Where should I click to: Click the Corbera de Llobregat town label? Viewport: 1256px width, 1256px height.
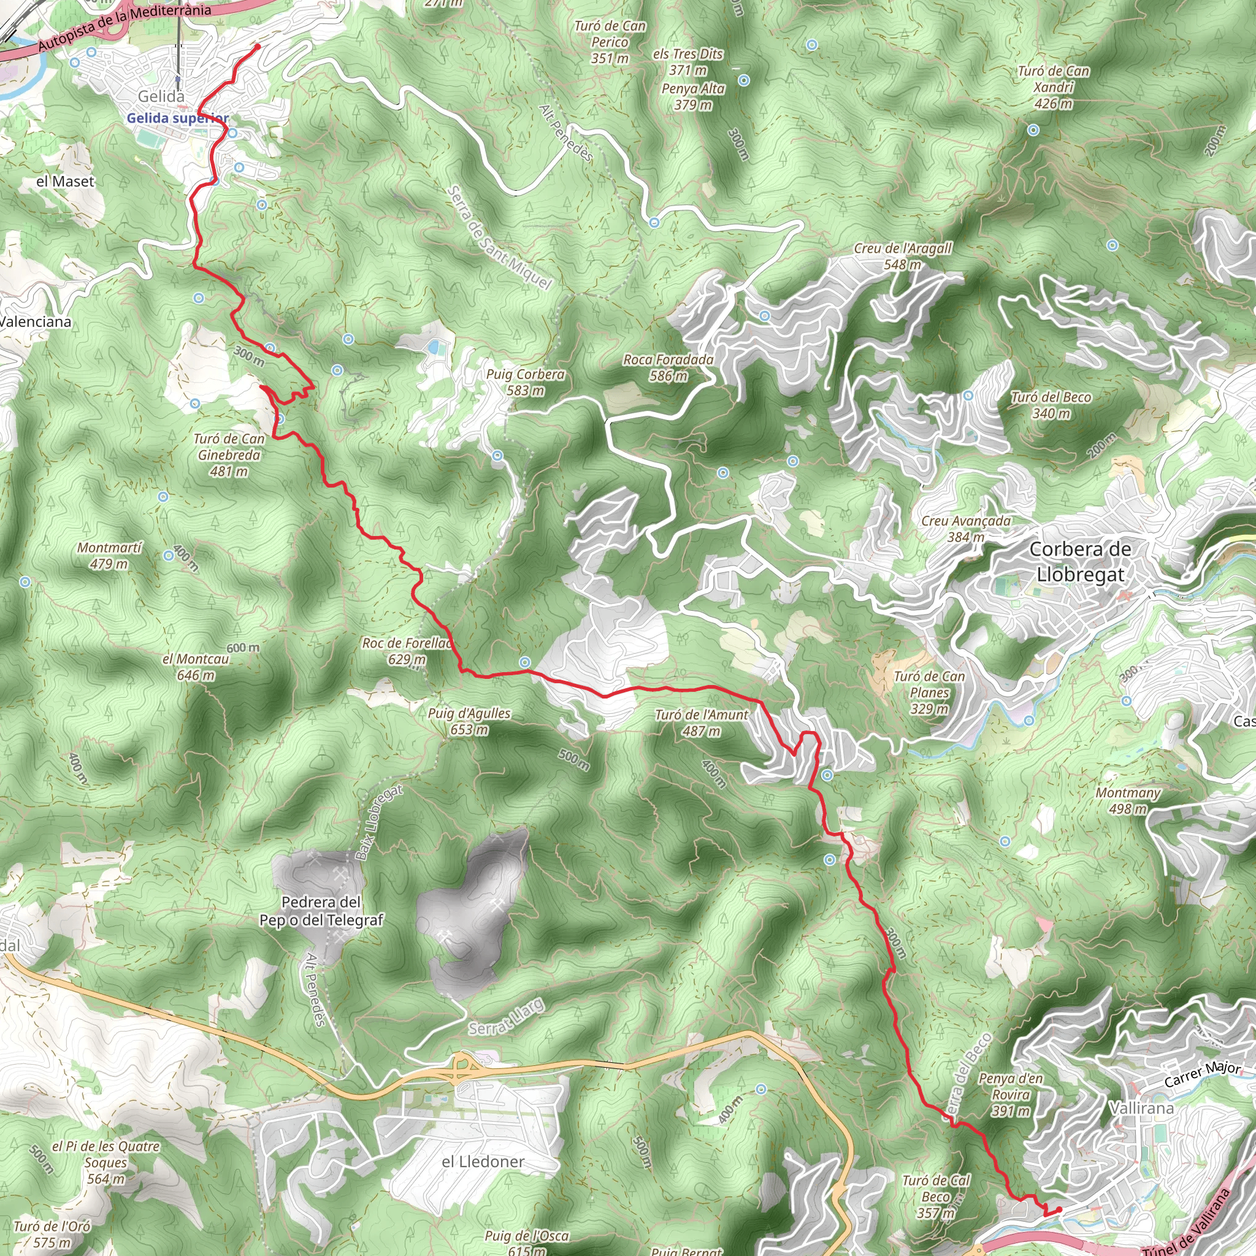pyautogui.click(x=1080, y=562)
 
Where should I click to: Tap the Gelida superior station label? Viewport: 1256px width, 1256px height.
pyautogui.click(x=177, y=118)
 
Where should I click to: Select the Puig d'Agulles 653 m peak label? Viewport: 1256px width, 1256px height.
pyautogui.click(x=469, y=721)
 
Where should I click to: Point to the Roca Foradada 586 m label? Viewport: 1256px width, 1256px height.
pyautogui.click(x=668, y=367)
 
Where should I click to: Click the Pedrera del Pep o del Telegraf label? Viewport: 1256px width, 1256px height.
pyautogui.click(x=321, y=911)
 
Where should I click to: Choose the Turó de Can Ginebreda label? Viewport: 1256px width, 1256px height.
pyautogui.click(x=229, y=454)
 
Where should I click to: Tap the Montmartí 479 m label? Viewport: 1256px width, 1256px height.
pyautogui.click(x=109, y=555)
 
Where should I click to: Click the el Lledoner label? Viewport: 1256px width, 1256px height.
pyautogui.click(x=483, y=1161)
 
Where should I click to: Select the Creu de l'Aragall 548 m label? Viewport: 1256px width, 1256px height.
pyautogui.click(x=903, y=256)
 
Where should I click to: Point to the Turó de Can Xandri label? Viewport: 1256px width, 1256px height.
pyautogui.click(x=1053, y=87)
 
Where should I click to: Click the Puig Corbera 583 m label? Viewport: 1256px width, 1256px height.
pyautogui.click(x=526, y=382)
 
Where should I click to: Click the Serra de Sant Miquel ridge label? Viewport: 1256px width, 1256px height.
pyautogui.click(x=499, y=237)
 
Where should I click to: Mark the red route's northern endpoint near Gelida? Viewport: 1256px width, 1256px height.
pyautogui.click(x=258, y=46)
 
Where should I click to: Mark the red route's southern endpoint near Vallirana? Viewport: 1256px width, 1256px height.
pyautogui.click(x=1059, y=1209)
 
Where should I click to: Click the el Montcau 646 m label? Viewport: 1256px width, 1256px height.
pyautogui.click(x=196, y=667)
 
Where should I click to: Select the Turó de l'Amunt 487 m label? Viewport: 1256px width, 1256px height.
pyautogui.click(x=702, y=722)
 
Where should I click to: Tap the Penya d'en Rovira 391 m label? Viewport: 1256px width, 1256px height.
pyautogui.click(x=1010, y=1094)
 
